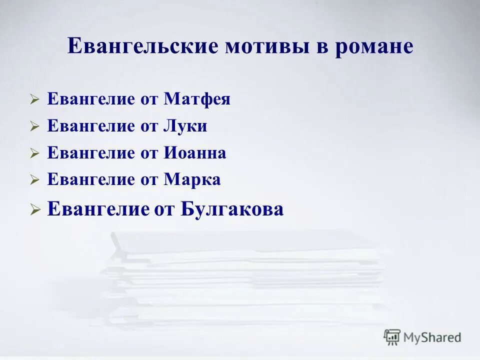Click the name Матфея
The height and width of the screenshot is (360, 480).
click(x=197, y=99)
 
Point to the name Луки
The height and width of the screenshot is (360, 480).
click(x=185, y=126)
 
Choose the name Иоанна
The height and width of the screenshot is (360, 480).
click(x=194, y=153)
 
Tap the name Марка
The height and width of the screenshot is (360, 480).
click(x=192, y=180)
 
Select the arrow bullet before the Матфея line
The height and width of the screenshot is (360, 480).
click(x=34, y=100)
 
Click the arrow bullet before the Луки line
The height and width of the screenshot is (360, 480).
click(x=34, y=127)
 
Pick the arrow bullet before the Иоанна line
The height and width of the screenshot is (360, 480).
click(x=34, y=154)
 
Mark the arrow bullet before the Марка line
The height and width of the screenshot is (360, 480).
click(x=34, y=181)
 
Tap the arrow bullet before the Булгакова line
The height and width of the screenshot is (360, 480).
click(x=34, y=210)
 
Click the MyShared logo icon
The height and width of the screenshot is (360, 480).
click(x=392, y=336)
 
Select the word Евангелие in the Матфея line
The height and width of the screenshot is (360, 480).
click(x=87, y=99)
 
